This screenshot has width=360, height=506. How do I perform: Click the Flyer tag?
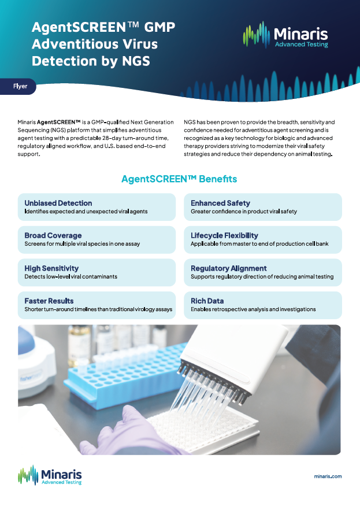[20, 86]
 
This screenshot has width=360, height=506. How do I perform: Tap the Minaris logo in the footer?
[50, 475]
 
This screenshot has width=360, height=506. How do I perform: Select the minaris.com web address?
[328, 476]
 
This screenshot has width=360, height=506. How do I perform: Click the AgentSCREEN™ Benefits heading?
[179, 179]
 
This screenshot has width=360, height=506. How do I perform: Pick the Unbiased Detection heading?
[58, 203]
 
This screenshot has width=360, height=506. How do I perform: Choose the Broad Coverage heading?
[53, 235]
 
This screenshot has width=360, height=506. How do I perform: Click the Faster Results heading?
[49, 301]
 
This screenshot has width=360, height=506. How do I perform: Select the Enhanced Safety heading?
[220, 203]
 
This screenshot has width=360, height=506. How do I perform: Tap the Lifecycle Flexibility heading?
[224, 235]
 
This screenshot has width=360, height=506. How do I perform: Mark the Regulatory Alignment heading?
[229, 268]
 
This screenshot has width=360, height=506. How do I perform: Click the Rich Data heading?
[207, 301]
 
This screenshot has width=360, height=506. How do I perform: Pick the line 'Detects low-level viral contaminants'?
[70, 277]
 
